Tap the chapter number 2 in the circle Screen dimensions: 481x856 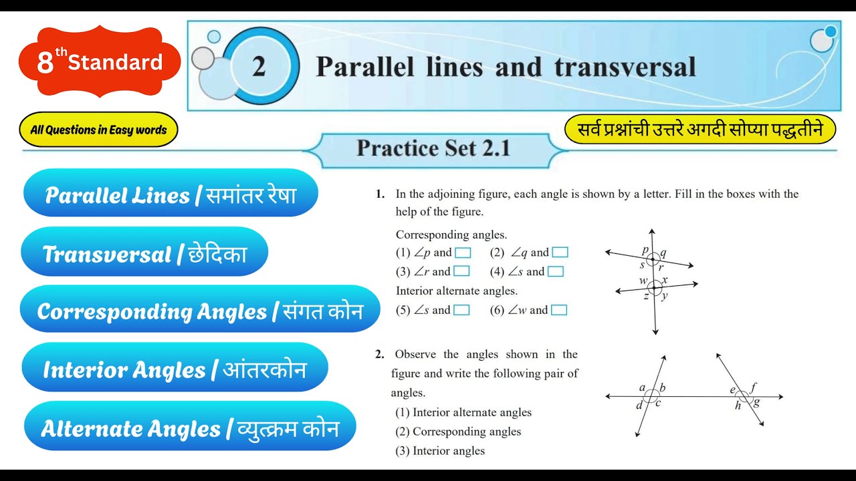[x=259, y=67]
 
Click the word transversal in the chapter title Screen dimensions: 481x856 [x=625, y=67]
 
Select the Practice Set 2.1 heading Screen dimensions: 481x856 [x=433, y=148]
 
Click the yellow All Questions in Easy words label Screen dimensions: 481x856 [x=98, y=130]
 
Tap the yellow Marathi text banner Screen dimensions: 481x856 [x=700, y=130]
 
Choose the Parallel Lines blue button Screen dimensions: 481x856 [x=171, y=195]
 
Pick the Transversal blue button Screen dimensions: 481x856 [x=144, y=254]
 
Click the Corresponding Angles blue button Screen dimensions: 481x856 [x=200, y=311]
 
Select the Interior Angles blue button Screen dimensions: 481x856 [x=175, y=369]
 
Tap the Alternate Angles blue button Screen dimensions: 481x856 [x=190, y=428]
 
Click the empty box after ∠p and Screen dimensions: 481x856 [x=463, y=253]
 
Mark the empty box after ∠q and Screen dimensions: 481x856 [x=560, y=253]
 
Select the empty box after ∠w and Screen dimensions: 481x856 [x=559, y=310]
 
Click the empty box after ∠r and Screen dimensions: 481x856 [x=461, y=271]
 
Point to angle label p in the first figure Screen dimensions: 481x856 [x=645, y=250]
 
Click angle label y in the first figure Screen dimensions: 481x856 [x=664, y=296]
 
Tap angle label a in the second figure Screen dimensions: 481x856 [x=642, y=387]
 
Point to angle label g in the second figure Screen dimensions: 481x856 [x=756, y=403]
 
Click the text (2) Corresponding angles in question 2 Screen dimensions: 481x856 [x=458, y=432]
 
